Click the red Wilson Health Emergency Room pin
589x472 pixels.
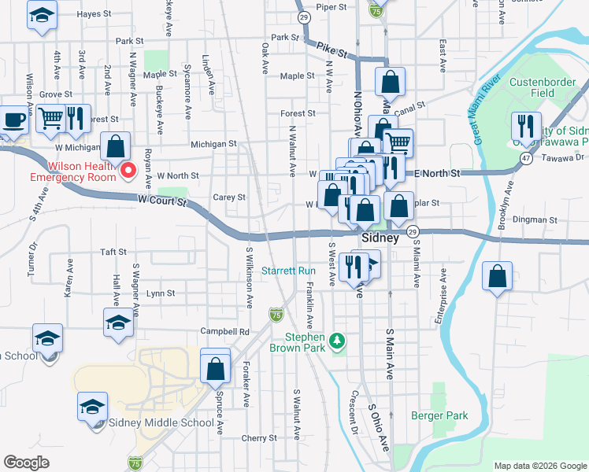pos(127,167)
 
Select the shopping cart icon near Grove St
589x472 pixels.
pos(50,120)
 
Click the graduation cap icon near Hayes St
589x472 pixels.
pos(42,15)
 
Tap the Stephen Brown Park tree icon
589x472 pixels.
pos(337,341)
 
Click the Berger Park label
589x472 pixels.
pos(439,415)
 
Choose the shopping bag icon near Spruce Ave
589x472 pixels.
pos(216,367)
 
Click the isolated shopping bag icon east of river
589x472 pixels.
pos(497,277)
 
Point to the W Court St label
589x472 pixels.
pos(161,201)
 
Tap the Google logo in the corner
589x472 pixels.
pos(27,463)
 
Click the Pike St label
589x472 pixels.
pos(332,50)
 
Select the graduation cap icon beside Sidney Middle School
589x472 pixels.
pos(92,406)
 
